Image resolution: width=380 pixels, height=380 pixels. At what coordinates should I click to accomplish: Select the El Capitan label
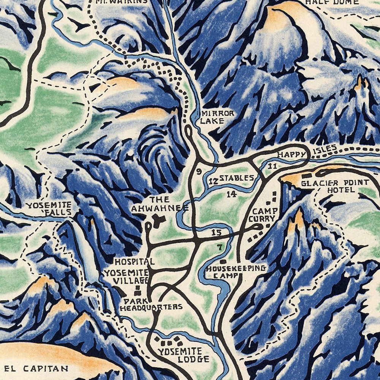click(x=37, y=368)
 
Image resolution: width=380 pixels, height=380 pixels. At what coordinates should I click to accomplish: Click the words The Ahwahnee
click(x=160, y=204)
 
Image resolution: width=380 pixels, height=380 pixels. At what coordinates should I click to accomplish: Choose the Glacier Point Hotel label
click(x=327, y=186)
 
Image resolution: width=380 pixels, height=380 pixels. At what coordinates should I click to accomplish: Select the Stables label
click(x=236, y=178)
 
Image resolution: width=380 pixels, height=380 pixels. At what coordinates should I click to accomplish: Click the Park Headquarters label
click(x=151, y=303)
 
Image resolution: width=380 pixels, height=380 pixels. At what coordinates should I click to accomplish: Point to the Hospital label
click(x=134, y=261)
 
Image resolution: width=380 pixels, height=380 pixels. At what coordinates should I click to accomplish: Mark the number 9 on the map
click(x=198, y=171)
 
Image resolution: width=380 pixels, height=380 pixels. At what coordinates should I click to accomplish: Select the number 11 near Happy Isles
click(x=272, y=166)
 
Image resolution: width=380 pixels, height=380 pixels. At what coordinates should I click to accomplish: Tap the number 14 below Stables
click(x=231, y=194)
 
